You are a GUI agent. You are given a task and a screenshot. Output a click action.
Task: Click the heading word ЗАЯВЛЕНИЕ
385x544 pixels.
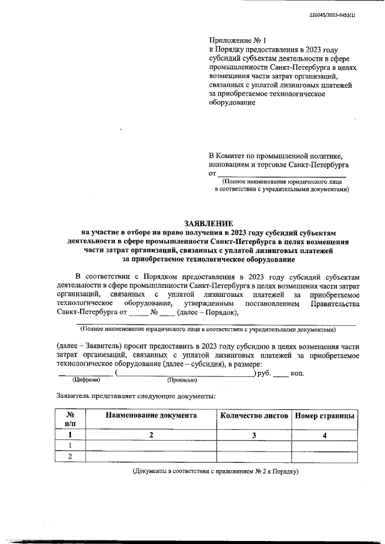[x=208, y=223]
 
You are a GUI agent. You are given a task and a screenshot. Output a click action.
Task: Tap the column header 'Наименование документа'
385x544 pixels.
[x=151, y=415]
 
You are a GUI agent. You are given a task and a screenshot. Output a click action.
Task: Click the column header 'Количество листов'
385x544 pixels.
[x=254, y=415]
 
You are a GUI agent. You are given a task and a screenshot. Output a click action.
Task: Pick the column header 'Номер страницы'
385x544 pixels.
[x=324, y=415]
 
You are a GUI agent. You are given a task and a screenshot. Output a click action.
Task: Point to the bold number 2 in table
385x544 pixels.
[x=151, y=435]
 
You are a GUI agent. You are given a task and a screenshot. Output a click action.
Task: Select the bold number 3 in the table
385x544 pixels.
[x=254, y=435]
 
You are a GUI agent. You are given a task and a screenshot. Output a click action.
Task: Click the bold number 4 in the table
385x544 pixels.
[x=324, y=435]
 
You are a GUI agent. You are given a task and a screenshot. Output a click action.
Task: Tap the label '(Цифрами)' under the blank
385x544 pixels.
[x=86, y=380]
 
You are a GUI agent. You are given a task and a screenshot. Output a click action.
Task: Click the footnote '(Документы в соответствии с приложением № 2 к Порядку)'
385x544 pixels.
[x=216, y=471]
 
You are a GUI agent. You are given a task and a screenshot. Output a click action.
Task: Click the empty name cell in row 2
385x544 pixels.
[x=151, y=456]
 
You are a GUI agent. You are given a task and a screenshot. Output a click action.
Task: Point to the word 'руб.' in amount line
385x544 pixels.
[x=262, y=373]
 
